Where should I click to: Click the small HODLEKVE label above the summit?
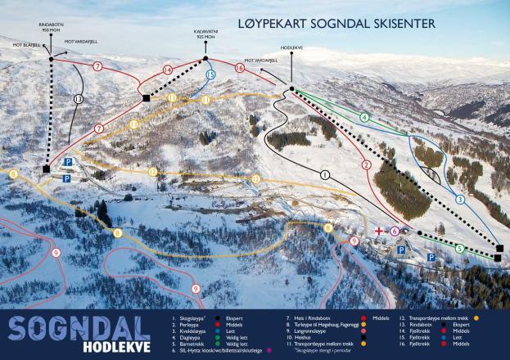[x=291, y=48]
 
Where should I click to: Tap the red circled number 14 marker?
[x=167, y=70]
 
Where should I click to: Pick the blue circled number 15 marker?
[x=210, y=74]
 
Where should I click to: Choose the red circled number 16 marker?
[x=239, y=69]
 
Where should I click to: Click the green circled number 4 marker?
[x=363, y=117]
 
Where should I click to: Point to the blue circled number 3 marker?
[x=460, y=199]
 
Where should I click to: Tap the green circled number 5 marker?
[x=460, y=248]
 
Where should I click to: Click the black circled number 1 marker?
[x=325, y=174]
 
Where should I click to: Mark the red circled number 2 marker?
[x=366, y=164]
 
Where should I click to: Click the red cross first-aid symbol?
[x=378, y=232]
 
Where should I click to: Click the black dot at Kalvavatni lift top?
[x=205, y=59]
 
